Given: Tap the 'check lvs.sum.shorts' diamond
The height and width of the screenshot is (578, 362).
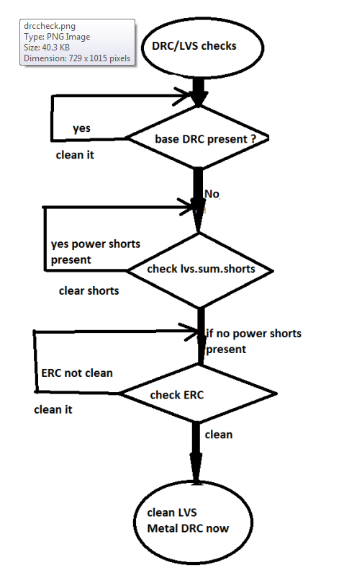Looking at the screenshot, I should click(x=201, y=269).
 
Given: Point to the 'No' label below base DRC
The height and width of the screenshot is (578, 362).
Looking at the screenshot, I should click(x=212, y=195).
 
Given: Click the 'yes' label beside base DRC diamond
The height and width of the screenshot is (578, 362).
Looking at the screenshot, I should click(x=81, y=128).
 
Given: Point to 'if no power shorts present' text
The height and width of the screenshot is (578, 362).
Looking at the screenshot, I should click(x=253, y=341).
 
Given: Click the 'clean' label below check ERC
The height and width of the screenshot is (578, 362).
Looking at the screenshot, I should click(x=219, y=435).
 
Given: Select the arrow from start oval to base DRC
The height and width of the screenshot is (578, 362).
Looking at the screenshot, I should click(x=197, y=89).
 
